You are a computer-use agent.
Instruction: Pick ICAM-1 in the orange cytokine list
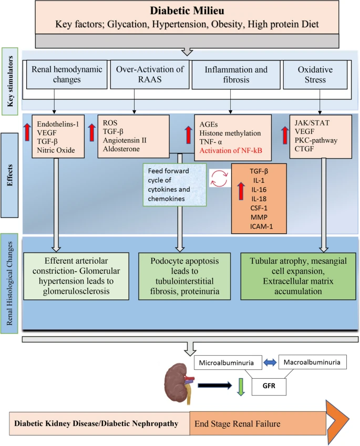coord(258,227)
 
